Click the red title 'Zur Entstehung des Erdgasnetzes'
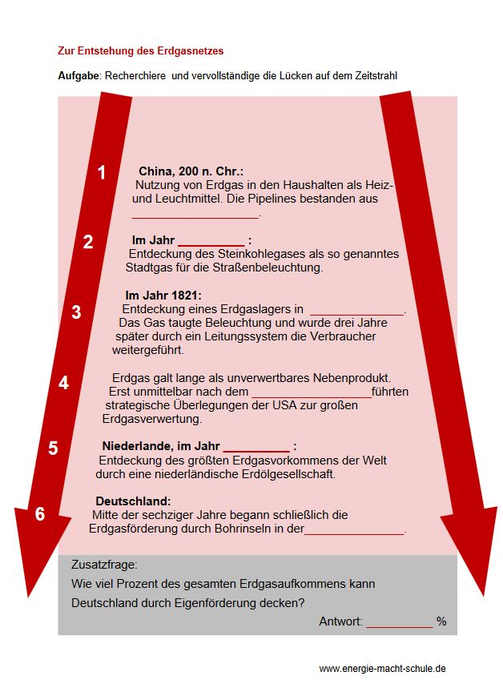140,50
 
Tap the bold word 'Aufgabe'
78,75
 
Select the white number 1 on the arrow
102,172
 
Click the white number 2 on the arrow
88,242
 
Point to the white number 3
76,312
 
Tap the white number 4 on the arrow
63,383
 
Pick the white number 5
53,448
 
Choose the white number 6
40,514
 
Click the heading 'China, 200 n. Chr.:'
191,171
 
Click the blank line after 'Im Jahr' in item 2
211,242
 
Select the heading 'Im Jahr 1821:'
163,295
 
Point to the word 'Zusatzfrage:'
104,564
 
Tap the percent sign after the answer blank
441,622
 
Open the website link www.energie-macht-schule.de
382,668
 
